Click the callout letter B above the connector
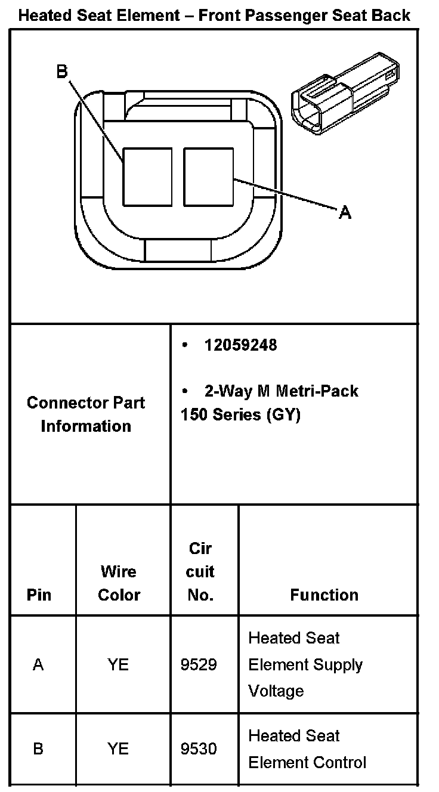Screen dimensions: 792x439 point(62,72)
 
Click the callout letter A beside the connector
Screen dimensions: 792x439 point(345,212)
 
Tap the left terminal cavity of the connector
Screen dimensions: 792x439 point(147,177)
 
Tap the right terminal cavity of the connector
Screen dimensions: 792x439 point(208,177)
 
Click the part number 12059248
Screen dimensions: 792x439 point(240,345)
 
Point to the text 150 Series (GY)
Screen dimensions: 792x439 point(240,414)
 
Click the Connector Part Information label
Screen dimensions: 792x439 point(86,414)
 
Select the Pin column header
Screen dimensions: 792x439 point(39,595)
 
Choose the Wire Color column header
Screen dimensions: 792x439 point(119,583)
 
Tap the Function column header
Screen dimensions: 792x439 point(324,595)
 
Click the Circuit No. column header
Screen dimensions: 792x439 point(200,572)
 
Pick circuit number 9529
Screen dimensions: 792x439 point(199,664)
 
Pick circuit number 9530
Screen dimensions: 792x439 point(199,748)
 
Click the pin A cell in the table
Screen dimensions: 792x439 point(38,664)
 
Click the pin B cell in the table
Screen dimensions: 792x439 point(38,748)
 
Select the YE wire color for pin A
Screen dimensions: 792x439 point(118,664)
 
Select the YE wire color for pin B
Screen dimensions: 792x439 point(118,748)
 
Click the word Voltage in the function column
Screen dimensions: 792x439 point(276,691)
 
